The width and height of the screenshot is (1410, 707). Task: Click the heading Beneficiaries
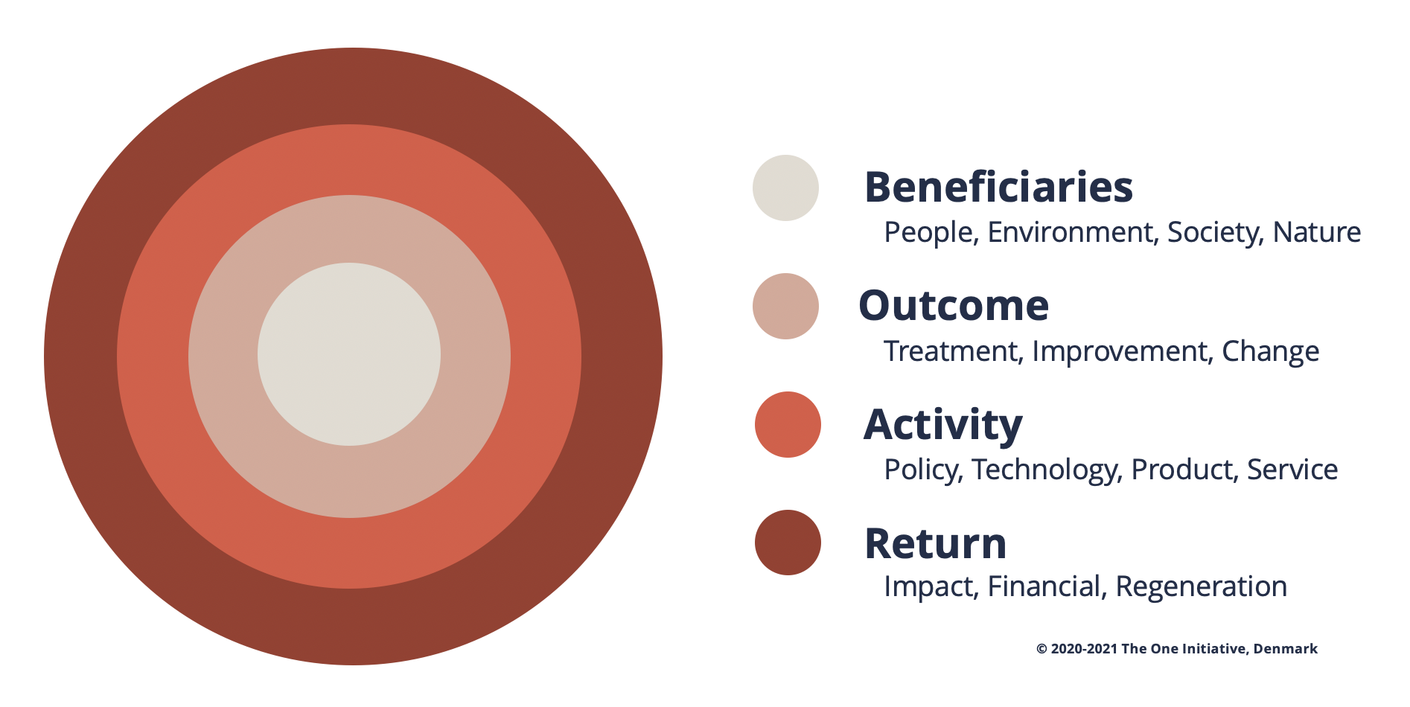pyautogui.click(x=998, y=187)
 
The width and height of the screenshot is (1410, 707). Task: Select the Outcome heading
pyautogui.click(x=954, y=305)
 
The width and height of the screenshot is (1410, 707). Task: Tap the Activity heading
pyautogui.click(x=942, y=425)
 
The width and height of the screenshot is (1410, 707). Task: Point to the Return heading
pyautogui.click(x=935, y=543)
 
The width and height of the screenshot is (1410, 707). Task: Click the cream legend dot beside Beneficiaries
pyautogui.click(x=785, y=188)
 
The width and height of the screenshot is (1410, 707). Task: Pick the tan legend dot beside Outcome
pyautogui.click(x=785, y=306)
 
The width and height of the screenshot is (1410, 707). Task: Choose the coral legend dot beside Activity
pyautogui.click(x=788, y=424)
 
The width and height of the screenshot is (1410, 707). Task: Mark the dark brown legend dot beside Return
pyautogui.click(x=788, y=543)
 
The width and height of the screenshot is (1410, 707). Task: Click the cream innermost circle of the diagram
pyautogui.click(x=349, y=354)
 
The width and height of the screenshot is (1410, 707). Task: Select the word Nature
pyautogui.click(x=1317, y=232)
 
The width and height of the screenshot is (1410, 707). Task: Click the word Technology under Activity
pyautogui.click(x=1046, y=470)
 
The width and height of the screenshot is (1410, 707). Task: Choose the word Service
pyautogui.click(x=1292, y=470)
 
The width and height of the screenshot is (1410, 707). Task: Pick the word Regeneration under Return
pyautogui.click(x=1202, y=587)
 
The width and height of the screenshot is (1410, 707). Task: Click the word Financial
pyautogui.click(x=1044, y=586)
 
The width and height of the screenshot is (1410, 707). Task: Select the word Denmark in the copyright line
pyautogui.click(x=1286, y=649)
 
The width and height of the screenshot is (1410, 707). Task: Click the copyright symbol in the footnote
pyautogui.click(x=1041, y=649)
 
